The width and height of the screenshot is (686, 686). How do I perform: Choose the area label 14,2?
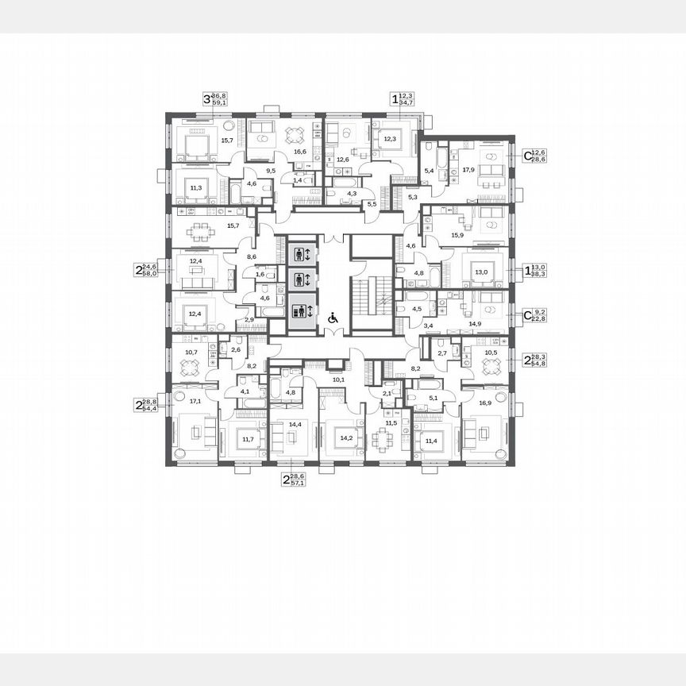pos(346,437)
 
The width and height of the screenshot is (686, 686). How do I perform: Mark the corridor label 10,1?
pos(338,380)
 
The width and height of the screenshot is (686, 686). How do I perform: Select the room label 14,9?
pos(476,324)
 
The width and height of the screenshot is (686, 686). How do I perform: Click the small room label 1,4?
pos(297,181)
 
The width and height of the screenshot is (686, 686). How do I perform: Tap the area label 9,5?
pos(270,170)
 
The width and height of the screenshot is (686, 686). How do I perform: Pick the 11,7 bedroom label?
pos(247,439)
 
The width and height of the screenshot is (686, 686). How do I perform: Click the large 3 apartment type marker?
pos(208,100)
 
